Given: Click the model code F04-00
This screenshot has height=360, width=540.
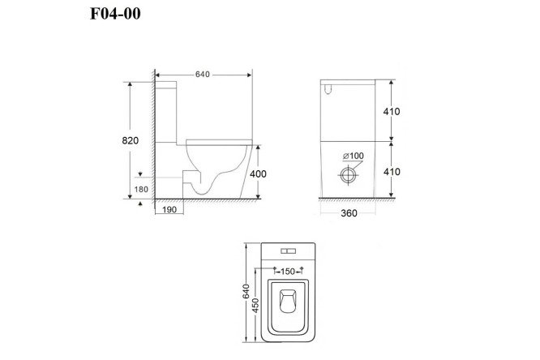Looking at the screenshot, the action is click(115, 14).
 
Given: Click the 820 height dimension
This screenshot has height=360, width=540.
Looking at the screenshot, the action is click(131, 140).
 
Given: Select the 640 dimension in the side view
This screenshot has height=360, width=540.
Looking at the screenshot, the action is click(202, 75).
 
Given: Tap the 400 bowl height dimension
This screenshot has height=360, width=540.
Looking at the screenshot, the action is click(258, 174).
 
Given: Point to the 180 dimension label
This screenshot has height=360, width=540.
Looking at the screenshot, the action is click(141, 189).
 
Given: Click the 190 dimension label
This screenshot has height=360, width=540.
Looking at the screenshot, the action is click(169, 209).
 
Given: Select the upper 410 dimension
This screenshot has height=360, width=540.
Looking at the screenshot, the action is click(392, 111).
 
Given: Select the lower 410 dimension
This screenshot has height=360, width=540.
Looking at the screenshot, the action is click(392, 172).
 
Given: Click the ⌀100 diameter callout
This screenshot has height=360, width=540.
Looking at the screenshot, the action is click(353, 156).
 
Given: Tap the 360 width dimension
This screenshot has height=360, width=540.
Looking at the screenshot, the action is click(349, 213).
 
